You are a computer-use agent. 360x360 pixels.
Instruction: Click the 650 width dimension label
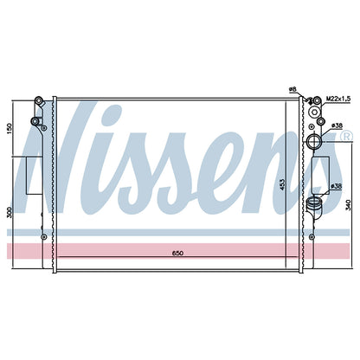[177, 253]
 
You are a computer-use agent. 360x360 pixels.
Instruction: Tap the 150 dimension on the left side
[10, 128]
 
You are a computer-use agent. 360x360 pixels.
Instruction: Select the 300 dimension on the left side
[10, 213]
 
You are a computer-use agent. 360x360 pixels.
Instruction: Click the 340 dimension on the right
[349, 205]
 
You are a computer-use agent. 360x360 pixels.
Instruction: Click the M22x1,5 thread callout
[338, 99]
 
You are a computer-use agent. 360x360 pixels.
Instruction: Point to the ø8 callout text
[292, 89]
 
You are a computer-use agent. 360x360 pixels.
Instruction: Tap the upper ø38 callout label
[337, 125]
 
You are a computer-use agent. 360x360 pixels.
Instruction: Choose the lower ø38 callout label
[337, 186]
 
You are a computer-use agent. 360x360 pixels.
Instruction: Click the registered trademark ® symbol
[347, 136]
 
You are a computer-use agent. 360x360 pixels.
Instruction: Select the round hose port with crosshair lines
[314, 141]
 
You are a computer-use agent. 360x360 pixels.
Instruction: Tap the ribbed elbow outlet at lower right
[315, 207]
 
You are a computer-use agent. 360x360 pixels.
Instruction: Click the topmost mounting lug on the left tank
[38, 100]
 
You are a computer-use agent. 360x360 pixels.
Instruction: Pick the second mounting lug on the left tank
[35, 121]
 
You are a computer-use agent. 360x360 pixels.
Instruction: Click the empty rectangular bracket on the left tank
[35, 176]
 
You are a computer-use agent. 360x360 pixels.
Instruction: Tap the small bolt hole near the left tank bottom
[43, 236]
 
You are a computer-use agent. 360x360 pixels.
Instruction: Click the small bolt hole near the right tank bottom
[312, 236]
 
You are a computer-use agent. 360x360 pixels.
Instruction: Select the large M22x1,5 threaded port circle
[314, 112]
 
